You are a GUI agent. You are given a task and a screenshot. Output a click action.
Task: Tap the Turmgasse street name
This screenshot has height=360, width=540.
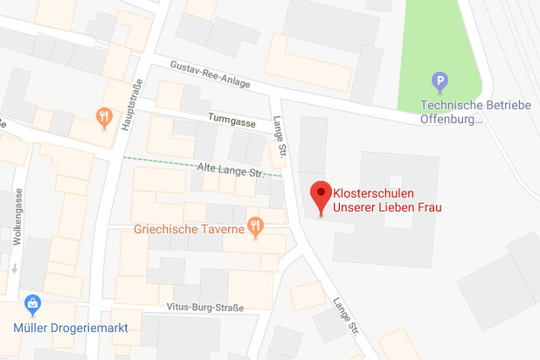coord(232,121)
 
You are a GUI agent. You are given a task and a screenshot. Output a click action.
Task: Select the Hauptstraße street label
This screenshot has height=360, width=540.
coord(130,106)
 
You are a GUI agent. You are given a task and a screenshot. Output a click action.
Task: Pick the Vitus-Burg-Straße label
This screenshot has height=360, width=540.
coord(206,308)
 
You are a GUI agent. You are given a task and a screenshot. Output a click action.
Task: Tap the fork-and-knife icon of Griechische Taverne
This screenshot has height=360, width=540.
coord(255,226)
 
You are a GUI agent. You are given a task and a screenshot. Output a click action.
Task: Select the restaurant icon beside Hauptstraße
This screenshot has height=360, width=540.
coord(105,117)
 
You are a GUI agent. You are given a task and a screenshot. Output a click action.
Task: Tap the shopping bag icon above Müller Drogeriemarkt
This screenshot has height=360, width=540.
coord(33,305)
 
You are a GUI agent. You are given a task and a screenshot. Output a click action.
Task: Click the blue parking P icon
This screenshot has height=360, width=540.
coord(441,84)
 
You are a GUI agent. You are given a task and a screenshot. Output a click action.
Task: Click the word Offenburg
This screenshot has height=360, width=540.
coord(447,120)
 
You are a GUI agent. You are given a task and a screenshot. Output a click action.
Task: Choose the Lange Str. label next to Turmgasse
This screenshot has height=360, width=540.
coord(280,137)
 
